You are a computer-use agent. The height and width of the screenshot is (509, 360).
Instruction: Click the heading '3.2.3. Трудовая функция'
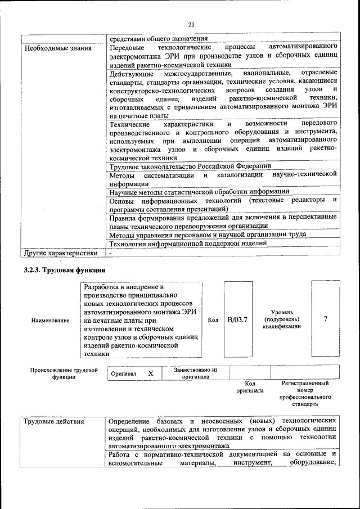pyautogui.click(x=63, y=270)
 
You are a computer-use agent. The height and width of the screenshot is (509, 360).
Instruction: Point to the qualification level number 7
pyautogui.click(x=325, y=319)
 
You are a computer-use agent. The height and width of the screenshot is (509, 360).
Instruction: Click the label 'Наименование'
pyautogui.click(x=51, y=320)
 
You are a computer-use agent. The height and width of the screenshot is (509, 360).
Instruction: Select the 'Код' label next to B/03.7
pyautogui.click(x=213, y=320)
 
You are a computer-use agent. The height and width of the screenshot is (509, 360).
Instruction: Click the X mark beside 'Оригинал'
pyautogui.click(x=150, y=373)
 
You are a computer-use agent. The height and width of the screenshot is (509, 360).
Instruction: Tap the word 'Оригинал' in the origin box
pyautogui.click(x=124, y=374)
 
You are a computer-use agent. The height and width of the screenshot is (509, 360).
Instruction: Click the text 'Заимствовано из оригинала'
pyautogui.click(x=195, y=373)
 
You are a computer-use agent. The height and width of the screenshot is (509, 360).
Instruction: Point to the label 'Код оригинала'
pyautogui.click(x=250, y=386)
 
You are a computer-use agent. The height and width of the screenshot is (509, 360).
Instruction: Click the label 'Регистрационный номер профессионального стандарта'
pyautogui.click(x=305, y=393)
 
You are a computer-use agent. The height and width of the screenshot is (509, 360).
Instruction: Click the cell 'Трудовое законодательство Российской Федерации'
pyautogui.click(x=190, y=166)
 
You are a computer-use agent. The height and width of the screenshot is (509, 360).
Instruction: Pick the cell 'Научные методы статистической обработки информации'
pyautogui.click(x=199, y=192)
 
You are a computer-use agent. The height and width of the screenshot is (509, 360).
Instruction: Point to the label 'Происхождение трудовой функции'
pyautogui.click(x=64, y=374)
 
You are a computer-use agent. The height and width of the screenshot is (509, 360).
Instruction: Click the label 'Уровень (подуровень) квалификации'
pyautogui.click(x=289, y=320)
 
